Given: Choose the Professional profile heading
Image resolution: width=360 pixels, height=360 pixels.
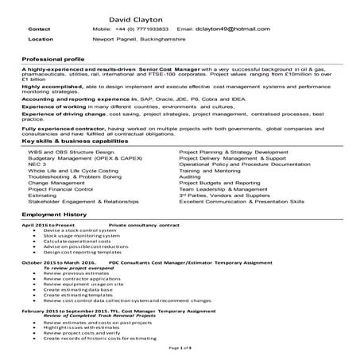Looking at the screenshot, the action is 53,60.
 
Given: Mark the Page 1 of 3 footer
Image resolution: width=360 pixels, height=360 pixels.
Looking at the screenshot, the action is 180,348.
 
